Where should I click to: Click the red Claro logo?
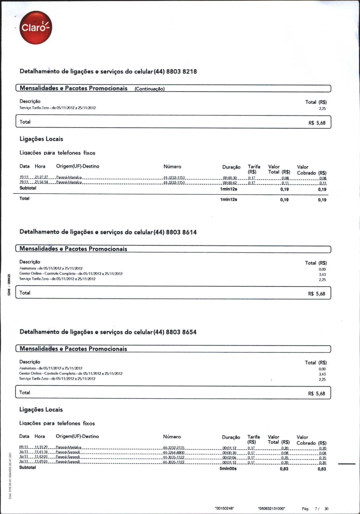(36, 28)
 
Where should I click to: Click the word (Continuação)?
(150, 89)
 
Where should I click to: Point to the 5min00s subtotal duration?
(228, 469)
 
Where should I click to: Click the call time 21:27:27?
(41, 177)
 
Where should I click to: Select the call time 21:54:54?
(41, 183)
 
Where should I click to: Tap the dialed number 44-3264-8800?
(174, 453)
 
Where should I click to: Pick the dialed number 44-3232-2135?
(174, 448)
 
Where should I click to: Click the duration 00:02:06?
(229, 458)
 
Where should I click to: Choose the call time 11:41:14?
(41, 453)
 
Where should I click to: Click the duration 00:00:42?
(230, 183)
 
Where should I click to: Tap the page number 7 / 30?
(322, 509)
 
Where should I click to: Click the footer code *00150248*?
(224, 508)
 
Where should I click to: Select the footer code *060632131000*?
(271, 508)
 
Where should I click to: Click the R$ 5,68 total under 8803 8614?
(317, 294)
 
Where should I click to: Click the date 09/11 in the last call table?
(23, 447)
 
